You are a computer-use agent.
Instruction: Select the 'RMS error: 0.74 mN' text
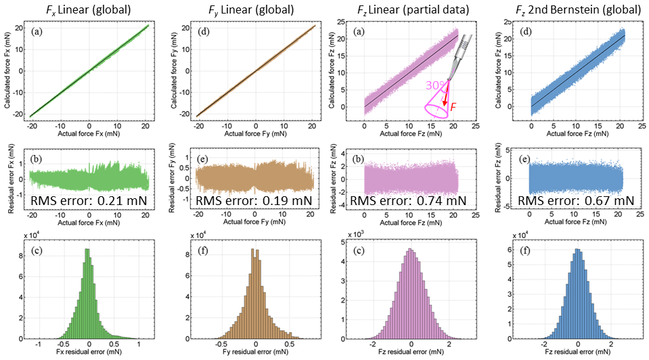pos(408,200)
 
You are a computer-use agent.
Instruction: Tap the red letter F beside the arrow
pos(453,107)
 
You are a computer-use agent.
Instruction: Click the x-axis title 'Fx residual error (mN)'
pos(88,353)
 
